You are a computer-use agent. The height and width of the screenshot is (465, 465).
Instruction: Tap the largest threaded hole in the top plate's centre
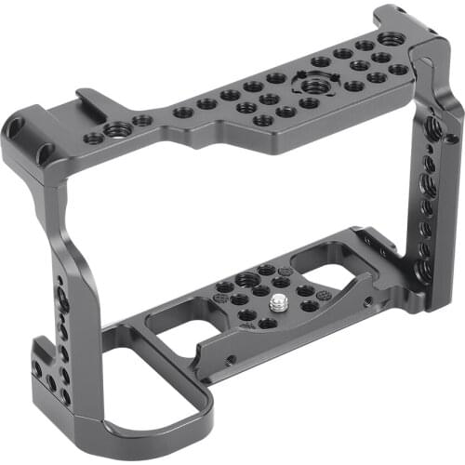[x=309, y=86]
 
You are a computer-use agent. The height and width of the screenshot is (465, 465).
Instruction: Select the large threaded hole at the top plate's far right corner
[x=391, y=39]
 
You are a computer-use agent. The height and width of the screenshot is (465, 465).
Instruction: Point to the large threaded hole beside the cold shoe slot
[x=117, y=130]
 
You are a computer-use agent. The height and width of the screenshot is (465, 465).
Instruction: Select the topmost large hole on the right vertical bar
[x=433, y=123]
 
